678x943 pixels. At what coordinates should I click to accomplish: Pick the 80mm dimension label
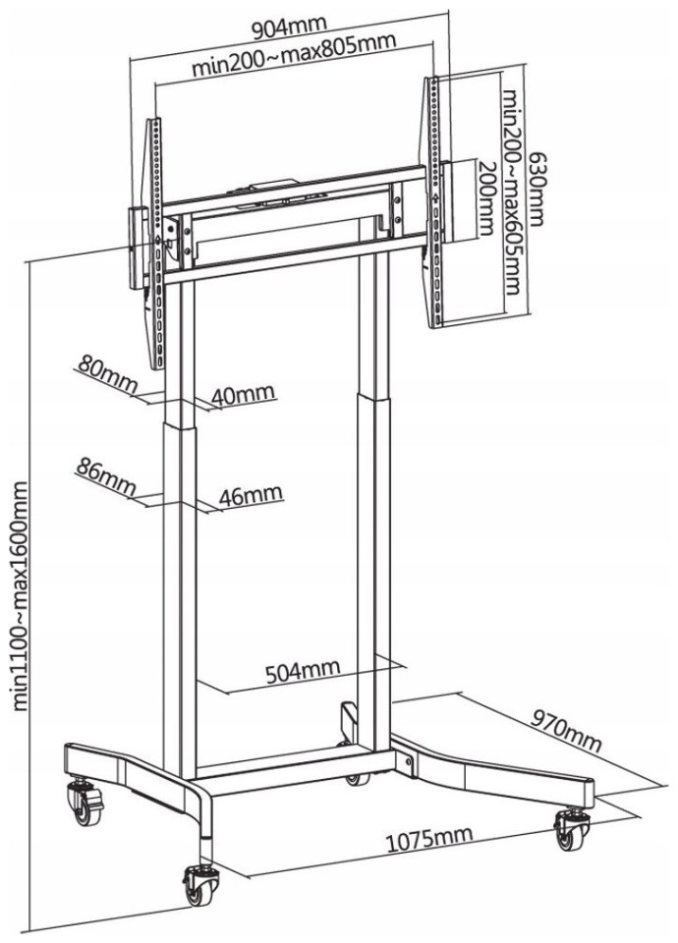pyautogui.click(x=104, y=371)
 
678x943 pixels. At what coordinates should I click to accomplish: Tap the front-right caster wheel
pyautogui.click(x=569, y=830)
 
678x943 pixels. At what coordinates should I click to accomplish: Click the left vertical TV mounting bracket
pyautogui.click(x=154, y=246)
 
